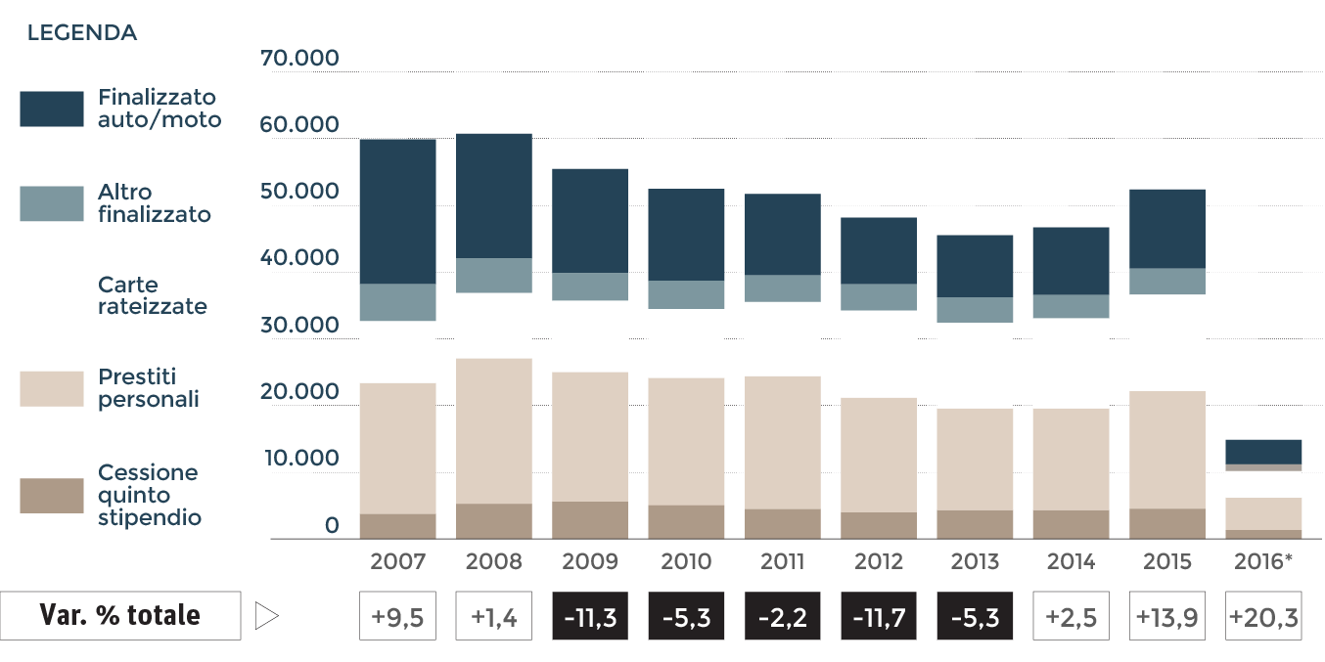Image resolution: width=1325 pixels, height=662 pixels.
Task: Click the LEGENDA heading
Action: tap(82, 33)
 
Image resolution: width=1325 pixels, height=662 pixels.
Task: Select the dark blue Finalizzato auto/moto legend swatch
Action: tap(52, 109)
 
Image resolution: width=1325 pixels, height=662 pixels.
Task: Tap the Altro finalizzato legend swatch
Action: tap(52, 203)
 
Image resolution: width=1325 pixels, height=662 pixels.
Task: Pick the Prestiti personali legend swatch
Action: tap(52, 388)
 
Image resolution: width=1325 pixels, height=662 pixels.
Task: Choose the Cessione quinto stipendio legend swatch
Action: tap(52, 496)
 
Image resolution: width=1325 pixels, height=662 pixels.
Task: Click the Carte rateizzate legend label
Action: tap(152, 295)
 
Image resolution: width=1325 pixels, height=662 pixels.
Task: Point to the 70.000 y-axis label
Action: tap(299, 59)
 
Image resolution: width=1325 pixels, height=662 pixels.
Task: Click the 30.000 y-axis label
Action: tap(299, 325)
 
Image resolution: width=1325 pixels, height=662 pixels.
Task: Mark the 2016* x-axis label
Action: tap(1264, 562)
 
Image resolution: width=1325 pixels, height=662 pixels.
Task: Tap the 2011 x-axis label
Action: tap(782, 562)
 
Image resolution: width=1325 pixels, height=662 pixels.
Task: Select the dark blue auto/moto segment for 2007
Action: tap(397, 211)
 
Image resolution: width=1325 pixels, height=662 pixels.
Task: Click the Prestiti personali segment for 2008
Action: tap(494, 431)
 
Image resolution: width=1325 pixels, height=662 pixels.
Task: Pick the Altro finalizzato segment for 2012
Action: tap(879, 297)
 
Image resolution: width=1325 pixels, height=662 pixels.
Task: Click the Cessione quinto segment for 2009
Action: tap(590, 520)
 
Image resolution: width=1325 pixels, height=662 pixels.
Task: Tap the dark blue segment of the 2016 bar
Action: tap(1264, 452)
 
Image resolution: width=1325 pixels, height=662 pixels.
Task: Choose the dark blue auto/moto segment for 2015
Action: tap(1167, 229)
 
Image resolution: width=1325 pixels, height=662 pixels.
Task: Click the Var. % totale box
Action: tap(120, 616)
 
